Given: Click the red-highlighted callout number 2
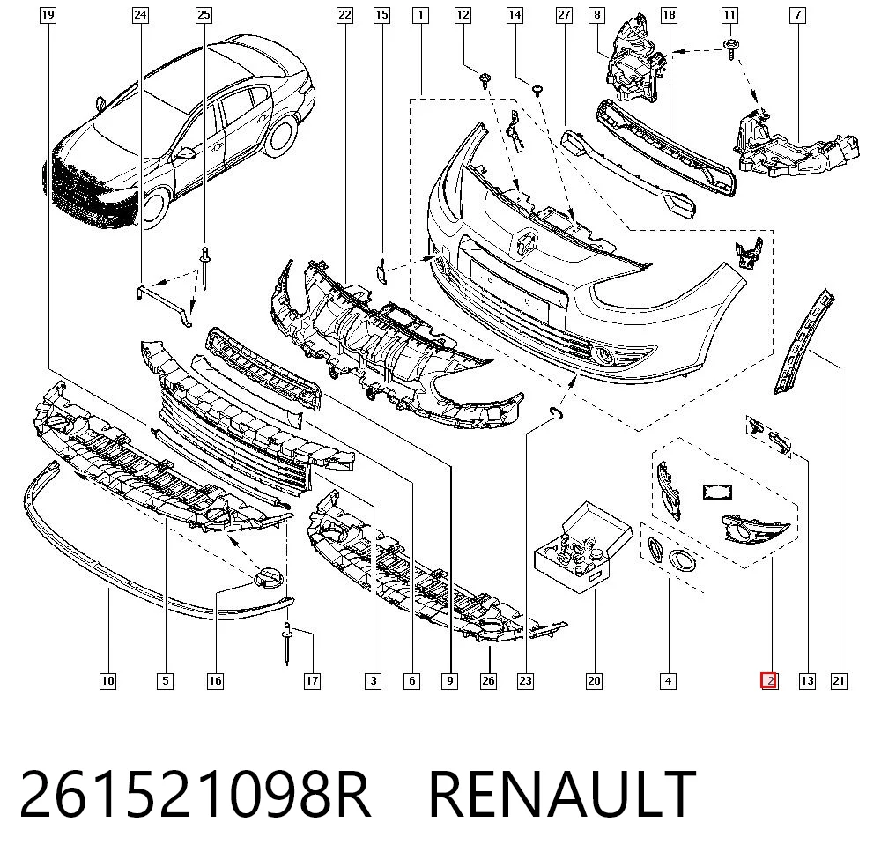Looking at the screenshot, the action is point(768,681).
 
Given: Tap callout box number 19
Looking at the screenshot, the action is point(48,15).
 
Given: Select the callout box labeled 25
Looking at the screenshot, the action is point(204,15).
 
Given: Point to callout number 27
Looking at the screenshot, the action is point(564,15).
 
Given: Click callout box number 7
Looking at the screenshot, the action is point(798,15).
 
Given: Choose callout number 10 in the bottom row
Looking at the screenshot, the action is point(107,681).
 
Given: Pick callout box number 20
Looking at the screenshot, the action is point(594,681).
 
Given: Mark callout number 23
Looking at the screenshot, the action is point(525,681).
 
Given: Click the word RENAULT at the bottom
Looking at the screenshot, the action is point(562,794).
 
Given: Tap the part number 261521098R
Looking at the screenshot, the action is point(195,794).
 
